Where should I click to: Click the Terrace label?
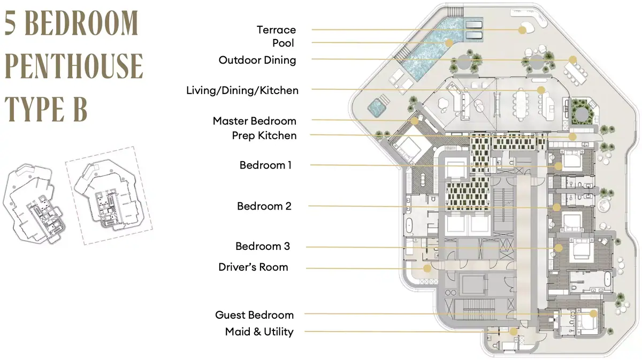coord(276,30)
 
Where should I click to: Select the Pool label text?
coord(283,43)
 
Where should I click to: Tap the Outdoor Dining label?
coord(257,60)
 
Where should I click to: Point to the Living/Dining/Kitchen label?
coord(242,90)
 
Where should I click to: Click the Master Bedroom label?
coord(254,121)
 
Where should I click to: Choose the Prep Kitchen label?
coord(264,135)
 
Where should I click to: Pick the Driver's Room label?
coord(253,267)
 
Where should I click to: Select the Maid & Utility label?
coord(259,332)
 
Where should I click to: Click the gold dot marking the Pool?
coord(449,43)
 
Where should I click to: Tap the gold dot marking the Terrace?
coord(522,30)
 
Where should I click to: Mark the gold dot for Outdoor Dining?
coord(572,59)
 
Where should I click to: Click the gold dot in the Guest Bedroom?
coord(593,313)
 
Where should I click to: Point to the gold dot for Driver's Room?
coord(427,269)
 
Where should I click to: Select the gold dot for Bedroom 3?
coord(558,248)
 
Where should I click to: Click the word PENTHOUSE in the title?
coord(74,66)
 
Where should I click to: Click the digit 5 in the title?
coord(10,23)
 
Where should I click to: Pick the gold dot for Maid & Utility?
coord(513,332)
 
